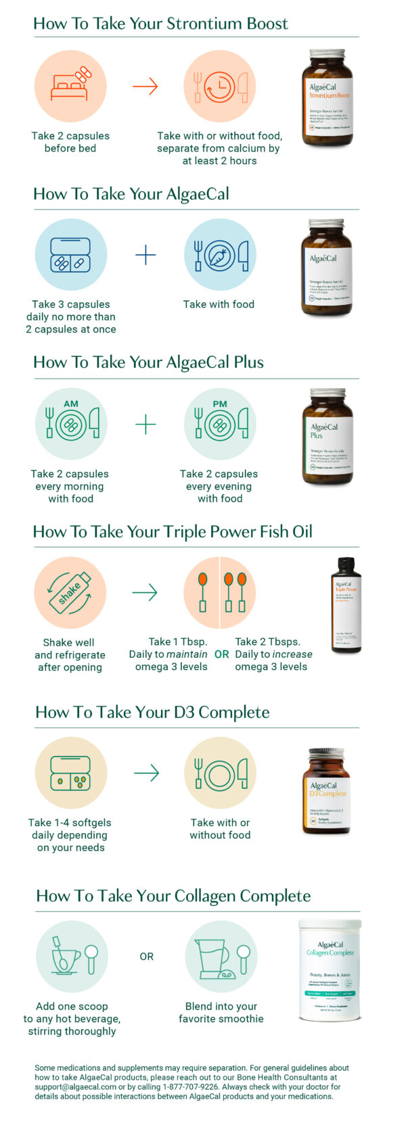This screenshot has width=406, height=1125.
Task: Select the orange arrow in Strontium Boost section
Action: coord(145,87)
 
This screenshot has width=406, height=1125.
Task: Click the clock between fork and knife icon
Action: coord(220,87)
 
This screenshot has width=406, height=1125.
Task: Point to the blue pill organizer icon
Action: coord(70,255)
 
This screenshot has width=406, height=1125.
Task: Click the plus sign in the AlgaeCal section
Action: coord(145,255)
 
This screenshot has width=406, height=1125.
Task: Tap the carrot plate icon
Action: coord(220,255)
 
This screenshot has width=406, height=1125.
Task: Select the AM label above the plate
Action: coord(70,404)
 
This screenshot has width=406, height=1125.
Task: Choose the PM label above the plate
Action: coord(220,404)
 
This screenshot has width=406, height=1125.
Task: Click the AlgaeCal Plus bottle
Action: coord(327,436)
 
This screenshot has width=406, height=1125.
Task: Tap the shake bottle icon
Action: coord(70,593)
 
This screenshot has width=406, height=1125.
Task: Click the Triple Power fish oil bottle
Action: coord(345,605)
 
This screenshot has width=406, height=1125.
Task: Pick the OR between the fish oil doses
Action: coord(221,654)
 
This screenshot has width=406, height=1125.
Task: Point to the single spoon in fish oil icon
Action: coord(202,593)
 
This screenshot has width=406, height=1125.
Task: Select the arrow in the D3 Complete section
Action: coord(145,773)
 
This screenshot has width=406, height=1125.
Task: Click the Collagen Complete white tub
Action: coord(330,970)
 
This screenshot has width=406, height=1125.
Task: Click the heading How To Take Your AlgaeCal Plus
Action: coord(148,362)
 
